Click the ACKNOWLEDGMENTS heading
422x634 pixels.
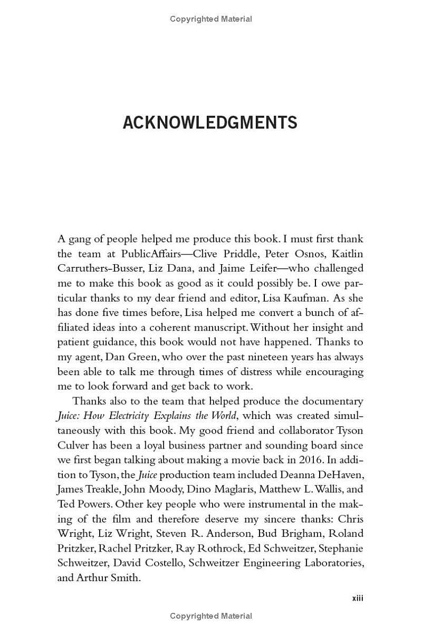(x=210, y=123)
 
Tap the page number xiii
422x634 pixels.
(x=358, y=598)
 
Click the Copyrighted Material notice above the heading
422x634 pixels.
(x=211, y=19)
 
